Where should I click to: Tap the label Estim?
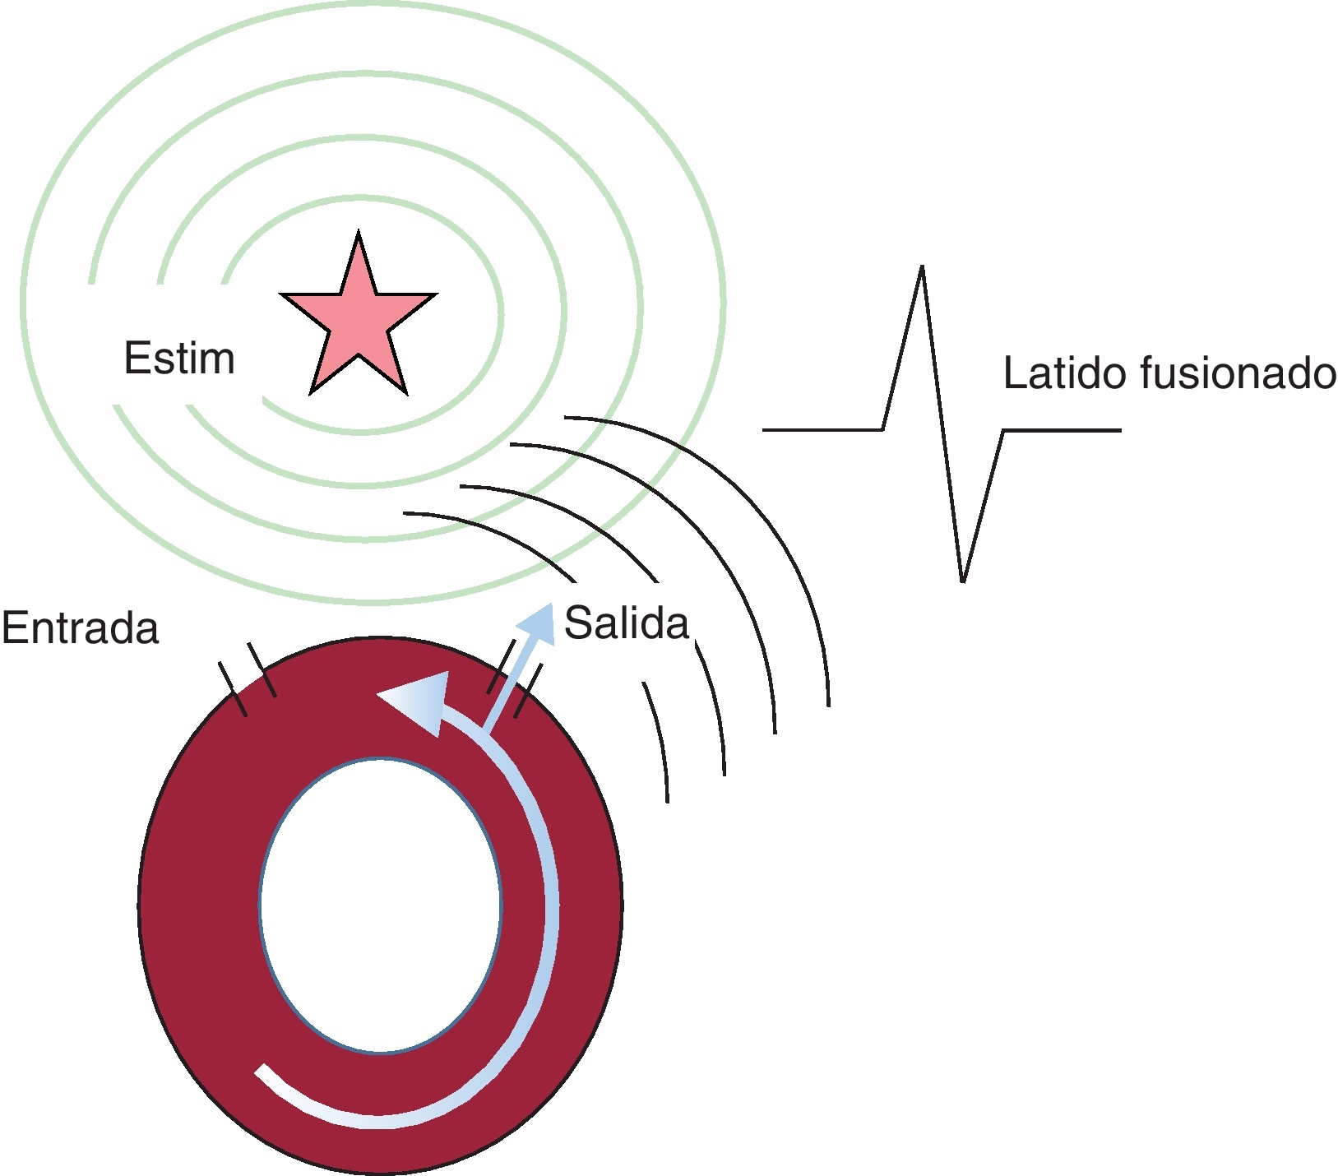179,359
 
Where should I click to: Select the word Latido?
1064,374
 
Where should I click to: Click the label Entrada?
80,628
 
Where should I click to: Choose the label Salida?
627,623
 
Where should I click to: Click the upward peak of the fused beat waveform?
922,271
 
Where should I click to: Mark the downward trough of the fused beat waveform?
962,577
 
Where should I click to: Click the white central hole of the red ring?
380,905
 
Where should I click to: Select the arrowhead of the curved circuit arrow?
415,700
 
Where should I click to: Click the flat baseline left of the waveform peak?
822,429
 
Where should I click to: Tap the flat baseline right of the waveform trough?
1061,429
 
